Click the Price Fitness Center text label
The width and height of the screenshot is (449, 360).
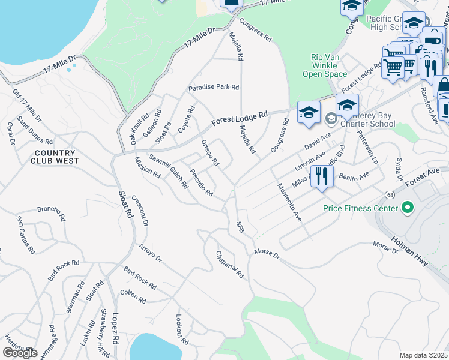(x=360, y=208)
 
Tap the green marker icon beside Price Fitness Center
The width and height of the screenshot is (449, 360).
(x=408, y=208)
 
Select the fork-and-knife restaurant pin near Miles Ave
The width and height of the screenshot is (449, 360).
(x=322, y=176)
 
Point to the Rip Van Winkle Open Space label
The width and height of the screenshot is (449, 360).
(x=329, y=65)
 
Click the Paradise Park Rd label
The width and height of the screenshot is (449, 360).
(x=214, y=88)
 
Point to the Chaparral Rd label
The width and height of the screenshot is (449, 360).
(x=229, y=265)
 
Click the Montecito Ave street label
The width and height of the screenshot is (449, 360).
(x=288, y=202)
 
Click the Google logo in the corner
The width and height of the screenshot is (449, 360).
(x=20, y=353)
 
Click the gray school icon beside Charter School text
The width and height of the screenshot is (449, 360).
(x=330, y=119)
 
